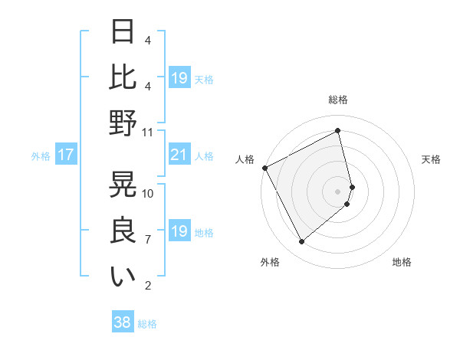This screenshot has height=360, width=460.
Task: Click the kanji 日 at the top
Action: coord(123,33)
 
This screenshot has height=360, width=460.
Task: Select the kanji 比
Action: coord(123,78)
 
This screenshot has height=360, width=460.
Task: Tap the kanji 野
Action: coord(123,123)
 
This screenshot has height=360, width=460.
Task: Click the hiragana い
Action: coord(123,277)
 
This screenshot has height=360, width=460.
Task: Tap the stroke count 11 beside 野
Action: coord(148,132)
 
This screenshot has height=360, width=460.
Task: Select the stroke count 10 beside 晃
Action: coord(148,193)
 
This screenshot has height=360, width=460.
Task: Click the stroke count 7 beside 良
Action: coord(148,240)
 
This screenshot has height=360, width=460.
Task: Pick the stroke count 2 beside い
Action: coord(148,286)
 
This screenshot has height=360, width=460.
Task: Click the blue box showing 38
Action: coord(123,323)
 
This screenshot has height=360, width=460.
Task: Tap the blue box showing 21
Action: coord(179,155)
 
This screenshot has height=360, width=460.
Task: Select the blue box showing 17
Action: coord(66,155)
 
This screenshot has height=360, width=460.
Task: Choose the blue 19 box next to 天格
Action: coord(179,78)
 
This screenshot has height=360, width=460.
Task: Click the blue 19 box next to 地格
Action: coord(179,231)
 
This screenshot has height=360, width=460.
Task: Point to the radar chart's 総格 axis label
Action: coord(338,100)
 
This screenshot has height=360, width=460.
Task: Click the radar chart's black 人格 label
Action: coord(245,159)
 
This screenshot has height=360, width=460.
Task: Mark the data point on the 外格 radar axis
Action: coord(301,242)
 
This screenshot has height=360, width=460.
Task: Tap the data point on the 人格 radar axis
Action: coord(264,168)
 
